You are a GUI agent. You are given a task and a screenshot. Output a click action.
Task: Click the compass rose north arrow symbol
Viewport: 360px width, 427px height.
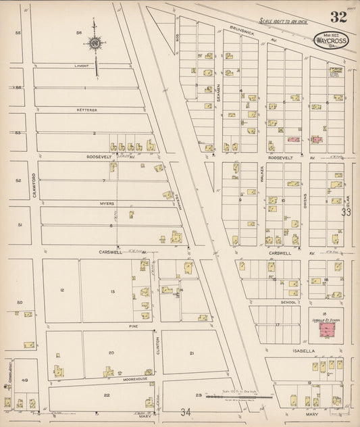tap(95, 44)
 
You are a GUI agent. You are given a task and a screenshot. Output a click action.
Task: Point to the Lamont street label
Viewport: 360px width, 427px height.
tap(83, 66)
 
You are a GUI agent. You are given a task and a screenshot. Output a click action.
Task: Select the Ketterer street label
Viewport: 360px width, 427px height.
tap(88, 109)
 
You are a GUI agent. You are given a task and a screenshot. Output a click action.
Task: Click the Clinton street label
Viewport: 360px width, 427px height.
tap(158, 346)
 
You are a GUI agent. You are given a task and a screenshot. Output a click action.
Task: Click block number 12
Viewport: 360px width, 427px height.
tap(61, 291)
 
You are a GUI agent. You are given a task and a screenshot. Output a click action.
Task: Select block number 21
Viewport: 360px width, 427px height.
tap(192, 353)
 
